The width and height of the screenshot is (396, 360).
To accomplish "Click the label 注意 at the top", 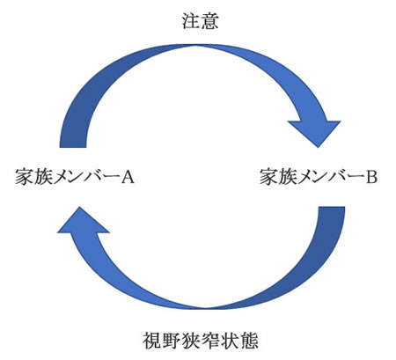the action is (201, 21).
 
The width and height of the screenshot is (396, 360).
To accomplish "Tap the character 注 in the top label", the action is (191, 21).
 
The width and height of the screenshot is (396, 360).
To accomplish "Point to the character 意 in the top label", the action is (210, 21).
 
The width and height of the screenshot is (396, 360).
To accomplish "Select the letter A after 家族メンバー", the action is (128, 177).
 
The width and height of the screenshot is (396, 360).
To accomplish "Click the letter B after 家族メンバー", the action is (371, 177).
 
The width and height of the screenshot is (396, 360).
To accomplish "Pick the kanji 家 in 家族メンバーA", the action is (25, 177).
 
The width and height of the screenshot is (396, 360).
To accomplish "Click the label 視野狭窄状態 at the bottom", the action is (201, 341).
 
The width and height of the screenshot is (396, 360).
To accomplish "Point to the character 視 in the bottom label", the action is (152, 341).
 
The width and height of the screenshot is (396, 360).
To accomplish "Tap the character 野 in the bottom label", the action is (172, 341).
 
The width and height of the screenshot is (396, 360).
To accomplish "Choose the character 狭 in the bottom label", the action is (191, 341).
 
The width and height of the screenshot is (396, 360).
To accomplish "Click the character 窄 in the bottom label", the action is (210, 341).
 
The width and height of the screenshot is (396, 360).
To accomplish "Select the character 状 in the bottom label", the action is (230, 341).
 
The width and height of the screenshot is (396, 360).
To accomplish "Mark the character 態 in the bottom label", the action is (249, 341).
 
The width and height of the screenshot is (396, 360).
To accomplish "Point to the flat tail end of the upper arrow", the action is (73, 147).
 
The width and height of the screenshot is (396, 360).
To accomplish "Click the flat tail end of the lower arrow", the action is (332, 207).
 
